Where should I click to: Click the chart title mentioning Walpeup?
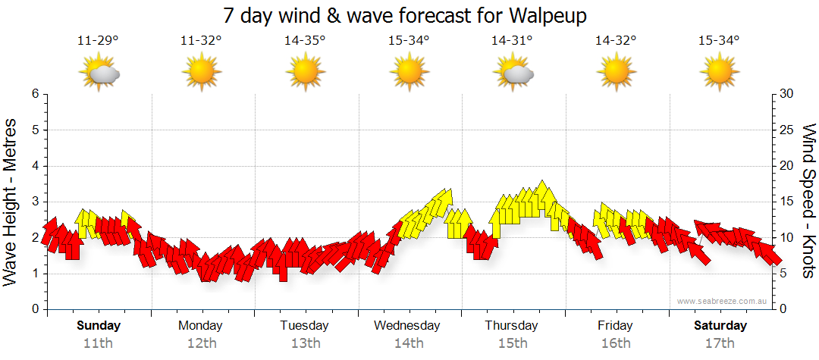[406, 15]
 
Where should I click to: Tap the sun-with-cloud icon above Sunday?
[99, 73]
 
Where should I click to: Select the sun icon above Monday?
[201, 73]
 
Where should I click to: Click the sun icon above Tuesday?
[305, 73]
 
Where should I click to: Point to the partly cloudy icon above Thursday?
[512, 73]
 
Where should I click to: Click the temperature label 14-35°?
[305, 41]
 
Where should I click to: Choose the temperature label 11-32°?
[201, 41]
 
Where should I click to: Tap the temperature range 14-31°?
[512, 41]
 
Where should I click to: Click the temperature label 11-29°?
[98, 41]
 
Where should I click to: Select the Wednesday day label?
[407, 326]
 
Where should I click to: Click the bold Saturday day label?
[720, 326]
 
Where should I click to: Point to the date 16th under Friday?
[615, 343]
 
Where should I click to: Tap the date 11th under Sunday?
[99, 343]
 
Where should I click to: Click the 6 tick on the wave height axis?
[35, 94]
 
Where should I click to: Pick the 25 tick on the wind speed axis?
[788, 130]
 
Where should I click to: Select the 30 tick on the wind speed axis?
[788, 94]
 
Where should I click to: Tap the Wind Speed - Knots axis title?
[808, 201]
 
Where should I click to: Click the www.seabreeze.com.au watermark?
[723, 301]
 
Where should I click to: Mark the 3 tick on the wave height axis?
[35, 202]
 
